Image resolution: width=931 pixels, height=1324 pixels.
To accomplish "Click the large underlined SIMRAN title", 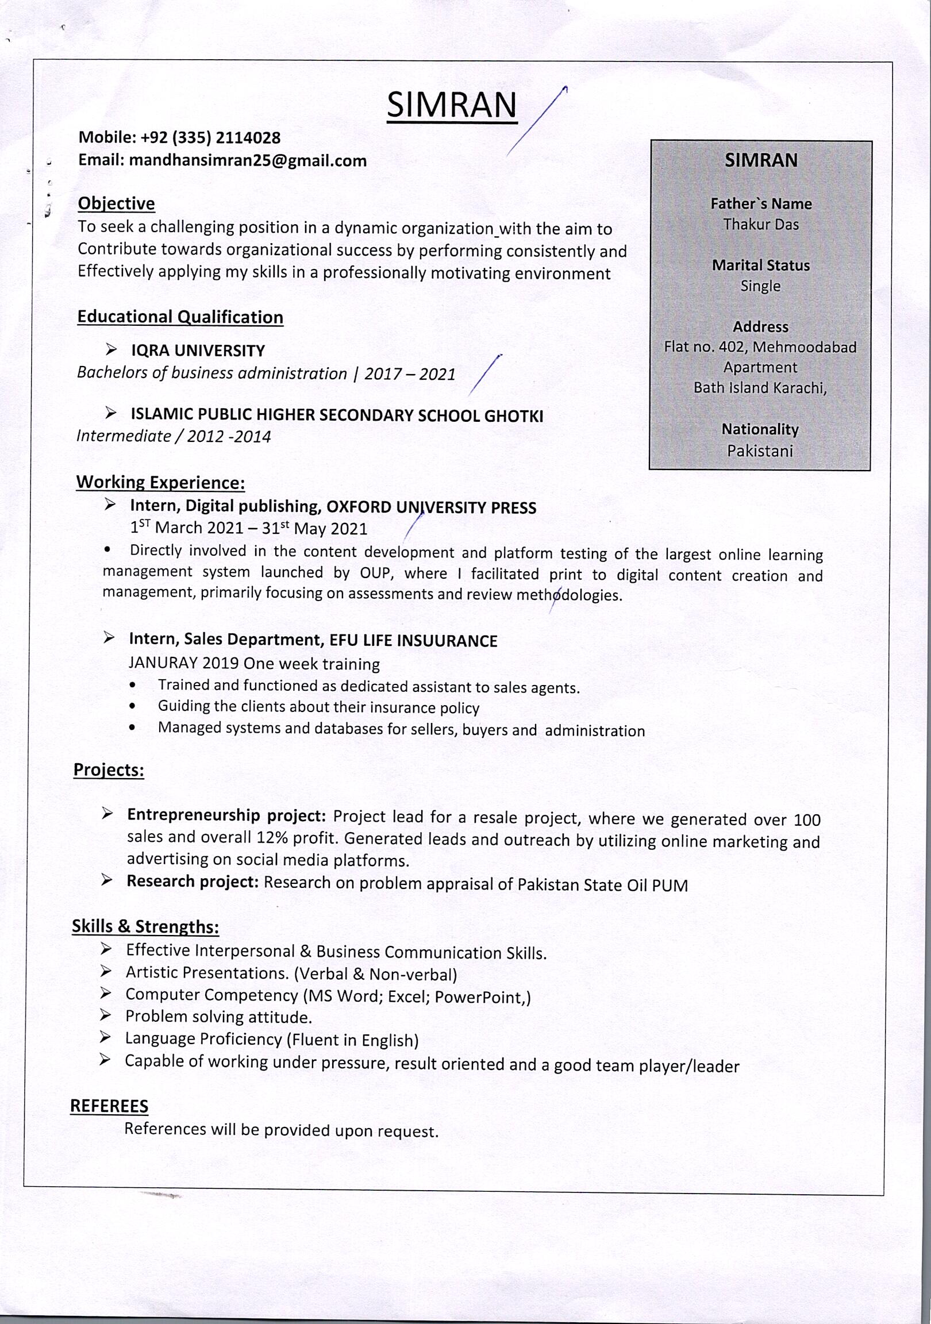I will click(452, 105).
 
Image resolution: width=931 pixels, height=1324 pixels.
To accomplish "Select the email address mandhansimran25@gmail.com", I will click(248, 160).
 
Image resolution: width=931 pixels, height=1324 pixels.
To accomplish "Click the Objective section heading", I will click(117, 203).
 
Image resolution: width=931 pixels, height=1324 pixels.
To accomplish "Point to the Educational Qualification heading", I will click(180, 317).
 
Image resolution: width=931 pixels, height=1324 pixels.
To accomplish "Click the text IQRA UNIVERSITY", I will click(198, 351).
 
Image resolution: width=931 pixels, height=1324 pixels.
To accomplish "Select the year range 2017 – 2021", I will click(410, 375).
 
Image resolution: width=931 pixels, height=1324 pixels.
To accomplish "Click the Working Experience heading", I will click(160, 483).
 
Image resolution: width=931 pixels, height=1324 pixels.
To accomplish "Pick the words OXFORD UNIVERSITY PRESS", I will click(431, 508).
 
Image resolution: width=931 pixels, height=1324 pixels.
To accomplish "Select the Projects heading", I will click(109, 770).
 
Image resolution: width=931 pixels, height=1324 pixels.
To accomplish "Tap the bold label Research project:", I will click(193, 882).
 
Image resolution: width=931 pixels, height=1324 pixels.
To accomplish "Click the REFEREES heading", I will click(109, 1106).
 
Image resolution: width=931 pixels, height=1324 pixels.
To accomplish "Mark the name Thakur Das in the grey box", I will click(761, 224).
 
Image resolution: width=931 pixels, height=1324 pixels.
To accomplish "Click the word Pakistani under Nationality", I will click(760, 451).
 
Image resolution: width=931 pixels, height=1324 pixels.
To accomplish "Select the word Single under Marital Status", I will click(760, 286).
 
